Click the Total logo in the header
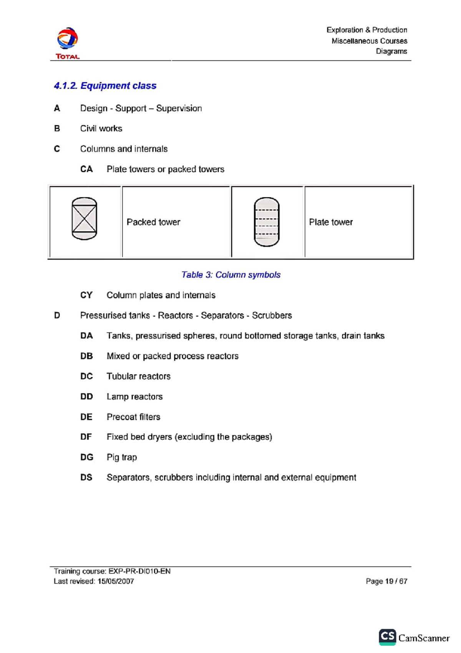(68, 43)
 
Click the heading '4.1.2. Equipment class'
(105, 86)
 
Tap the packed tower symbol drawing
(85, 219)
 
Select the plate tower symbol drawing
(267, 222)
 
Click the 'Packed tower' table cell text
(153, 222)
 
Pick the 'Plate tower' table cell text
(331, 222)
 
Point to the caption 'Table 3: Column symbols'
(231, 275)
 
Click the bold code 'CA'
(86, 169)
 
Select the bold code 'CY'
(86, 295)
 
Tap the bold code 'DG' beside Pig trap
(87, 457)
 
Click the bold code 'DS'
(86, 478)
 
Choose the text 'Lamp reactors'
(134, 396)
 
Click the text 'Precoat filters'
(133, 417)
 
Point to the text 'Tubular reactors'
(138, 376)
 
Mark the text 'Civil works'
(101, 129)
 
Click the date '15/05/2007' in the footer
(116, 581)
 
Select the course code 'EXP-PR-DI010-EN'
(139, 571)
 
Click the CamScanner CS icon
(387, 637)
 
